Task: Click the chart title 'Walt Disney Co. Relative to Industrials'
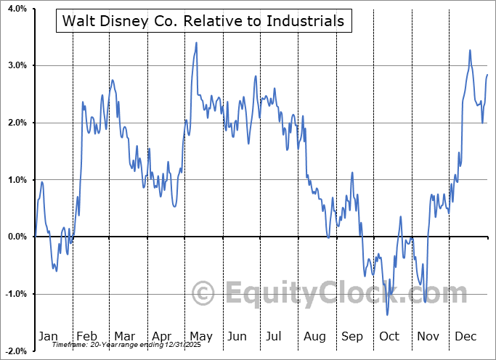204,21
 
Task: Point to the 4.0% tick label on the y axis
16,9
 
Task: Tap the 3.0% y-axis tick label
16,65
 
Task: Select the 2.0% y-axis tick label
16,123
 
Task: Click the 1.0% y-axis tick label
16,180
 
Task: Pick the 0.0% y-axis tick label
16,237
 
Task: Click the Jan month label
48,336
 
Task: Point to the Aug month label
315,336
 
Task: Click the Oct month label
389,336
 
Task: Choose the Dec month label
465,336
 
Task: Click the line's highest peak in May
196,42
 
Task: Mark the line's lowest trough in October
387,314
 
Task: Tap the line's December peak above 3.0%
470,50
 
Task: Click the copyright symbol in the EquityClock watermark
203,294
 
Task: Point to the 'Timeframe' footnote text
67,345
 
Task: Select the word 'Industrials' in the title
307,21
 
